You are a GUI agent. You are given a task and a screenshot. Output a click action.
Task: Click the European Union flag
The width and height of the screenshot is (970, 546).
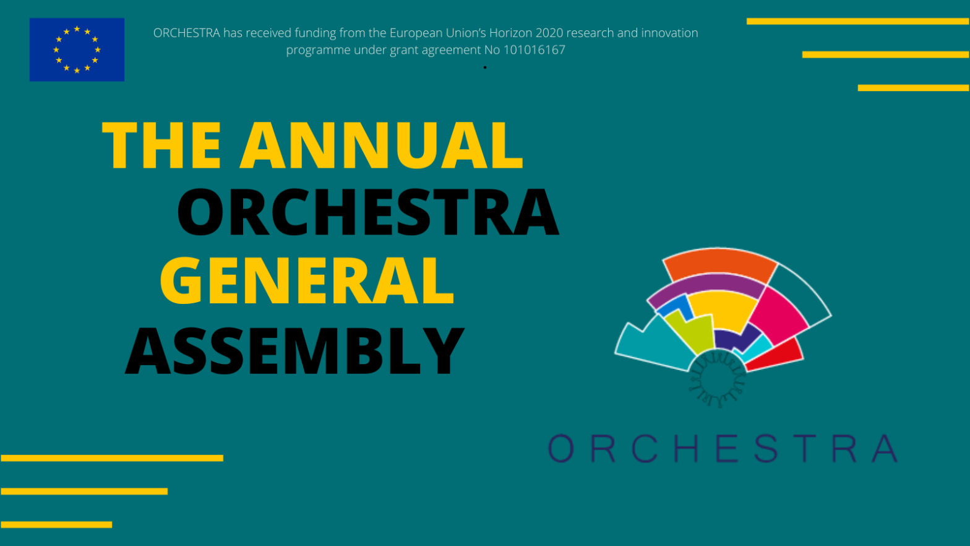77,50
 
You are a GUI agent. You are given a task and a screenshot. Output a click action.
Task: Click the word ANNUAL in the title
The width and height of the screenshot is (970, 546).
382,145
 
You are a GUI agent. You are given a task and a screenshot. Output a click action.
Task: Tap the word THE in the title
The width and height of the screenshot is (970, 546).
161,145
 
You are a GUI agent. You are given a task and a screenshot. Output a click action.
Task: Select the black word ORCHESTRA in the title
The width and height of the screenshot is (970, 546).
368,212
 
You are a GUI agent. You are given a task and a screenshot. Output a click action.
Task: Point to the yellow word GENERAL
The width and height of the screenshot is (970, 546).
307,280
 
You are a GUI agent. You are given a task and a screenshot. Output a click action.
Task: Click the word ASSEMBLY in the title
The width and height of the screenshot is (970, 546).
295,350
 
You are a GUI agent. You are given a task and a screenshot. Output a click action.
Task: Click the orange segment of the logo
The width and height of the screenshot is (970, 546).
719,264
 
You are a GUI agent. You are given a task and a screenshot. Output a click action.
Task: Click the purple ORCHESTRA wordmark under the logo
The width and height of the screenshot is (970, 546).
723,448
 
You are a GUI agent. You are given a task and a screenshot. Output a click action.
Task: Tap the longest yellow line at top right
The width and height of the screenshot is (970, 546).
858,21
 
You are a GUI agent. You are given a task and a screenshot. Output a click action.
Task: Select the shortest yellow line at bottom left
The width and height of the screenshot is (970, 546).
56,525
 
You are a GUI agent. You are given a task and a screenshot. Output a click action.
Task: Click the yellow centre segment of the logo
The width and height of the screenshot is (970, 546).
723,310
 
